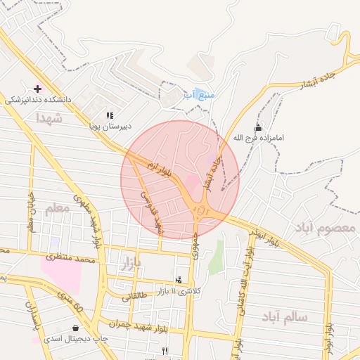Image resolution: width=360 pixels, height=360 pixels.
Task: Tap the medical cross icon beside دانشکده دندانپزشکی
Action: coord(38,89)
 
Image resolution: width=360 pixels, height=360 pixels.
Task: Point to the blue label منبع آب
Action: coord(199,94)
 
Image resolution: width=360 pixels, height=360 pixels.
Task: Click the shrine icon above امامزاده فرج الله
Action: coord(258,128)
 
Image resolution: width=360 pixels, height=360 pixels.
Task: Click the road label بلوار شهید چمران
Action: coord(141,324)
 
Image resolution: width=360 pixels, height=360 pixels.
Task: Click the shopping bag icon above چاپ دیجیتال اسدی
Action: coord(75,328)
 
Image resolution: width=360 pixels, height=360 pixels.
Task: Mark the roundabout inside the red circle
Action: coord(202,210)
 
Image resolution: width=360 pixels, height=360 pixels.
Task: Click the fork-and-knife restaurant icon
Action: coord(165,350)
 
